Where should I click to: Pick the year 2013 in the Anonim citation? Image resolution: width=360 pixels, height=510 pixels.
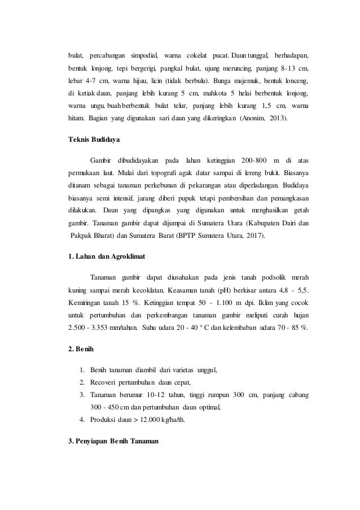click(274, 119)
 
